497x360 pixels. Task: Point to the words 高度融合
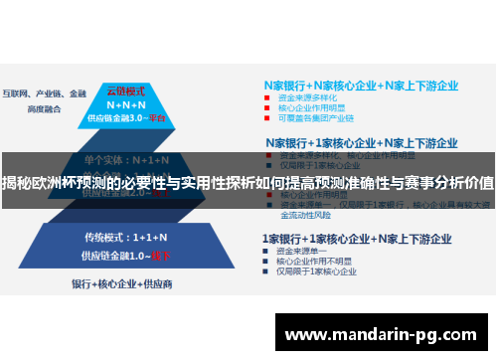[x=44, y=107]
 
